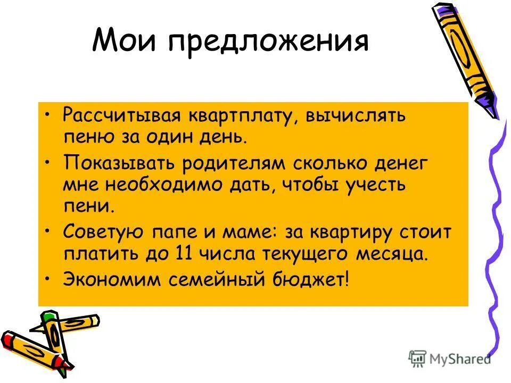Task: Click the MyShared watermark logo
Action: [x=450, y=358]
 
